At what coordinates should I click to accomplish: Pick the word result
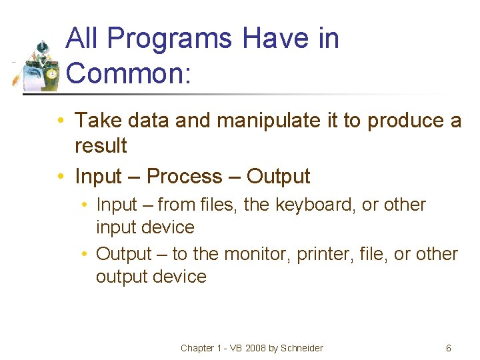pos(101,145)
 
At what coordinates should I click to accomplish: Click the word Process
pos(184,177)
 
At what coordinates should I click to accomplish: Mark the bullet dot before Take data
pos(60,121)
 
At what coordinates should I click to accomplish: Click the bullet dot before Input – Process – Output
pos(60,177)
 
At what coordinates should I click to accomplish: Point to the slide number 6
pos(449,348)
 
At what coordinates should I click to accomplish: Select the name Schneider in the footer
pos(302,348)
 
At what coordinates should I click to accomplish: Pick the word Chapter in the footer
pos(197,348)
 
